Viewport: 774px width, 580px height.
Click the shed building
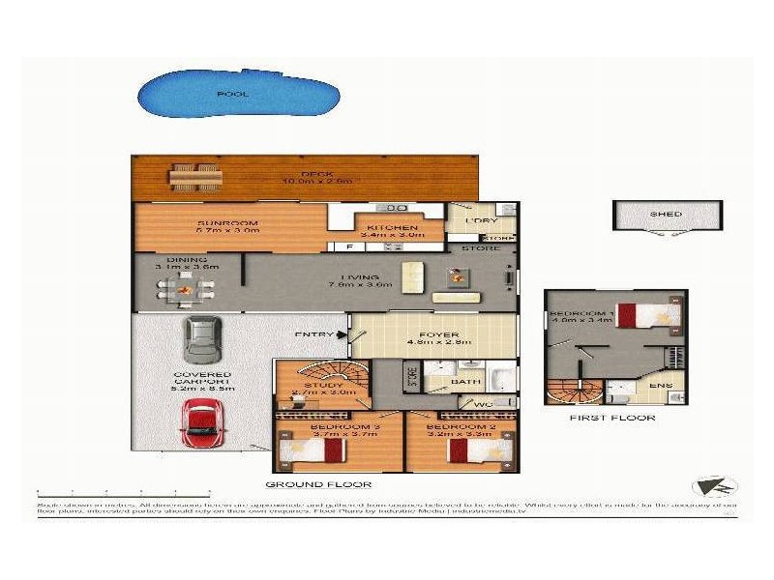667,216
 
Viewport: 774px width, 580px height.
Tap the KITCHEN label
384,227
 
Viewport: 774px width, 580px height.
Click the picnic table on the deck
196,176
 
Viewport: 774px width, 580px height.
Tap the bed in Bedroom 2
466,449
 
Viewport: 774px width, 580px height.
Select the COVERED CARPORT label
202,380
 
